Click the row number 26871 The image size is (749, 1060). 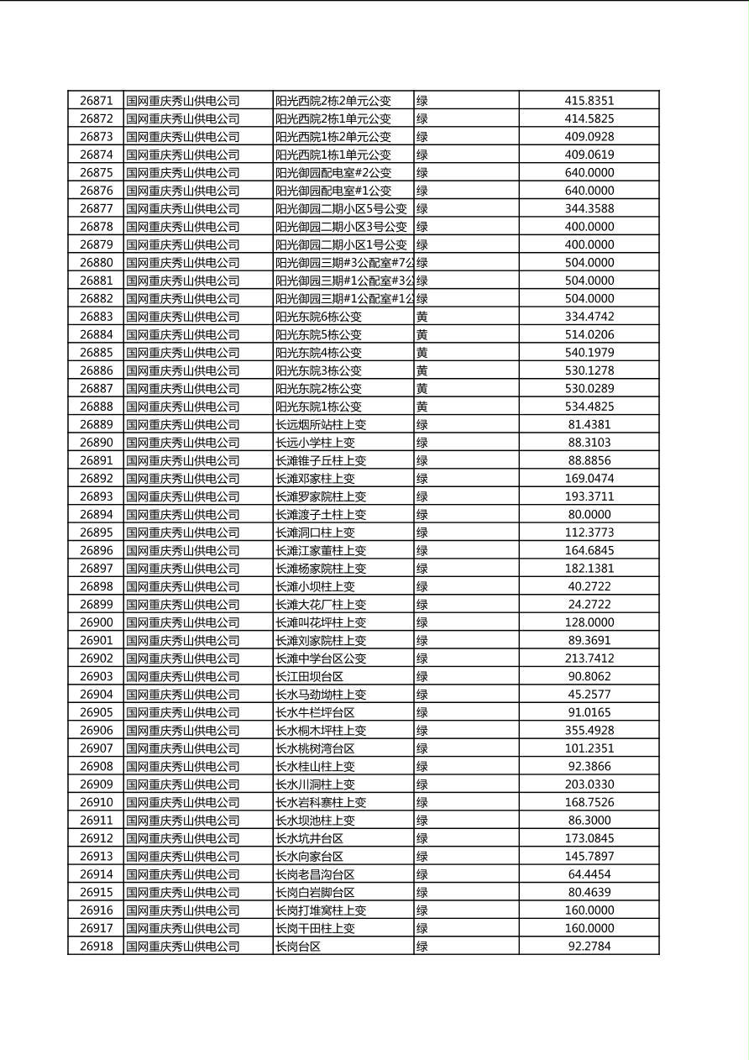(x=96, y=101)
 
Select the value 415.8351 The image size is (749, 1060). (x=589, y=101)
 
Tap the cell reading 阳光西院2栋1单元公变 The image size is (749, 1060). (x=333, y=119)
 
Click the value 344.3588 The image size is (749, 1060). (x=589, y=209)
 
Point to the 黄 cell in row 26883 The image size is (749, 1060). (x=422, y=317)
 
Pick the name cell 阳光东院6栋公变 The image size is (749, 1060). (x=319, y=317)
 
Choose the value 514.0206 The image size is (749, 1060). (x=589, y=335)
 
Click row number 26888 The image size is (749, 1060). (x=96, y=407)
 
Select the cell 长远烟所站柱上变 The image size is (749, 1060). (x=322, y=425)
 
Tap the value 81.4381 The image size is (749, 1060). (x=589, y=425)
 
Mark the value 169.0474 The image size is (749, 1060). (x=589, y=479)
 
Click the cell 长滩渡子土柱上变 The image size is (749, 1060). (x=322, y=515)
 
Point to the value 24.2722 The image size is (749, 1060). (x=589, y=605)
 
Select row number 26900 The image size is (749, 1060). (x=96, y=622)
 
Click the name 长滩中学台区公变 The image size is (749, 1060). (x=322, y=659)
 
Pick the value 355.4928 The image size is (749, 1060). (x=589, y=731)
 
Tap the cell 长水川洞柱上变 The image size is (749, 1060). (x=316, y=785)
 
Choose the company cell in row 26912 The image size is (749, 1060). (x=183, y=838)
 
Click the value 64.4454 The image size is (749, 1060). (x=589, y=874)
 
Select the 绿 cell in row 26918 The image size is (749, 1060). (x=422, y=947)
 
